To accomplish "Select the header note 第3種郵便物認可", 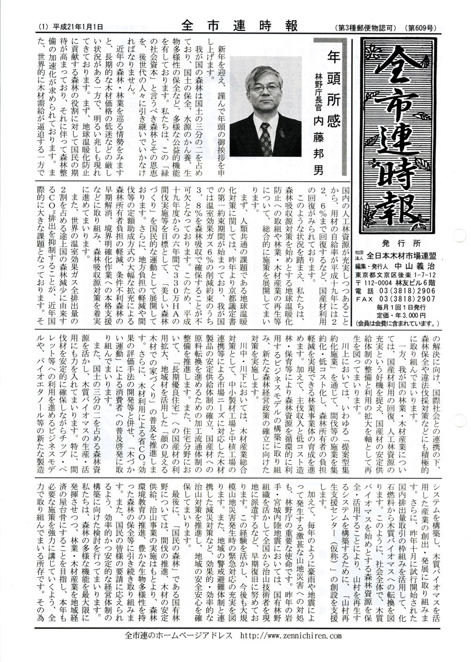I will (369, 26).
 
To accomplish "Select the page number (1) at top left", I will (43, 26).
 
